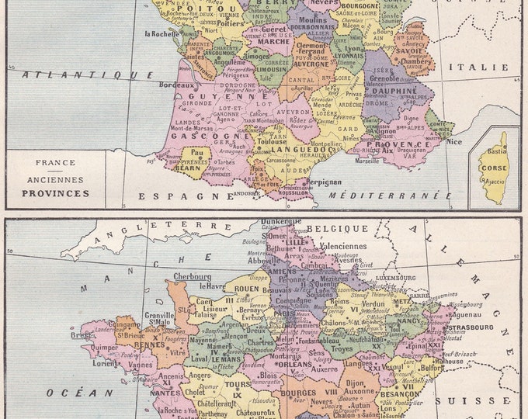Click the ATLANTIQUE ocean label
(88, 74)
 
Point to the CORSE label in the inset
(493, 167)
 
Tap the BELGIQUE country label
(337, 229)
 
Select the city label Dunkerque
(281, 222)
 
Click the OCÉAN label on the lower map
(74, 393)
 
